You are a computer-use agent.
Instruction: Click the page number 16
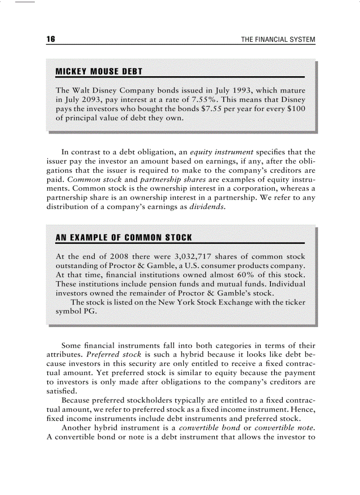click(50, 39)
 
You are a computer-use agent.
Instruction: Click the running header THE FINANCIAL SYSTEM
click(278, 40)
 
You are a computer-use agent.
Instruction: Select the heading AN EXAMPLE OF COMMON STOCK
click(124, 238)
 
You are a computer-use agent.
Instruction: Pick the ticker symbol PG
click(88, 311)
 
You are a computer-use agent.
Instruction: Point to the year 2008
click(119, 256)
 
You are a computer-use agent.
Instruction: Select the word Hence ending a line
click(305, 409)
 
